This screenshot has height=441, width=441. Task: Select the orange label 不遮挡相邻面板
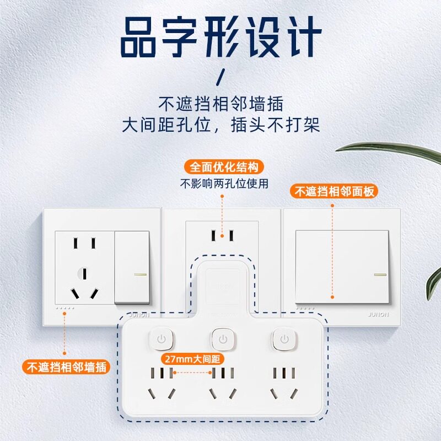[x=335, y=191]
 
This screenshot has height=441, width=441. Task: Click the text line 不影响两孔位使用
[x=224, y=184]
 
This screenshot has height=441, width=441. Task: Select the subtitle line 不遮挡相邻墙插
[x=220, y=104]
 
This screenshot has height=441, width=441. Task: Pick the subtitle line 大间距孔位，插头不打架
[x=220, y=125]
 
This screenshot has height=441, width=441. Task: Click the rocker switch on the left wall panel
[x=132, y=267]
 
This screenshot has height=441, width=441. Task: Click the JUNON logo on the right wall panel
[x=377, y=314]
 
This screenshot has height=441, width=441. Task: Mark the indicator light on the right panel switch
[x=379, y=274]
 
